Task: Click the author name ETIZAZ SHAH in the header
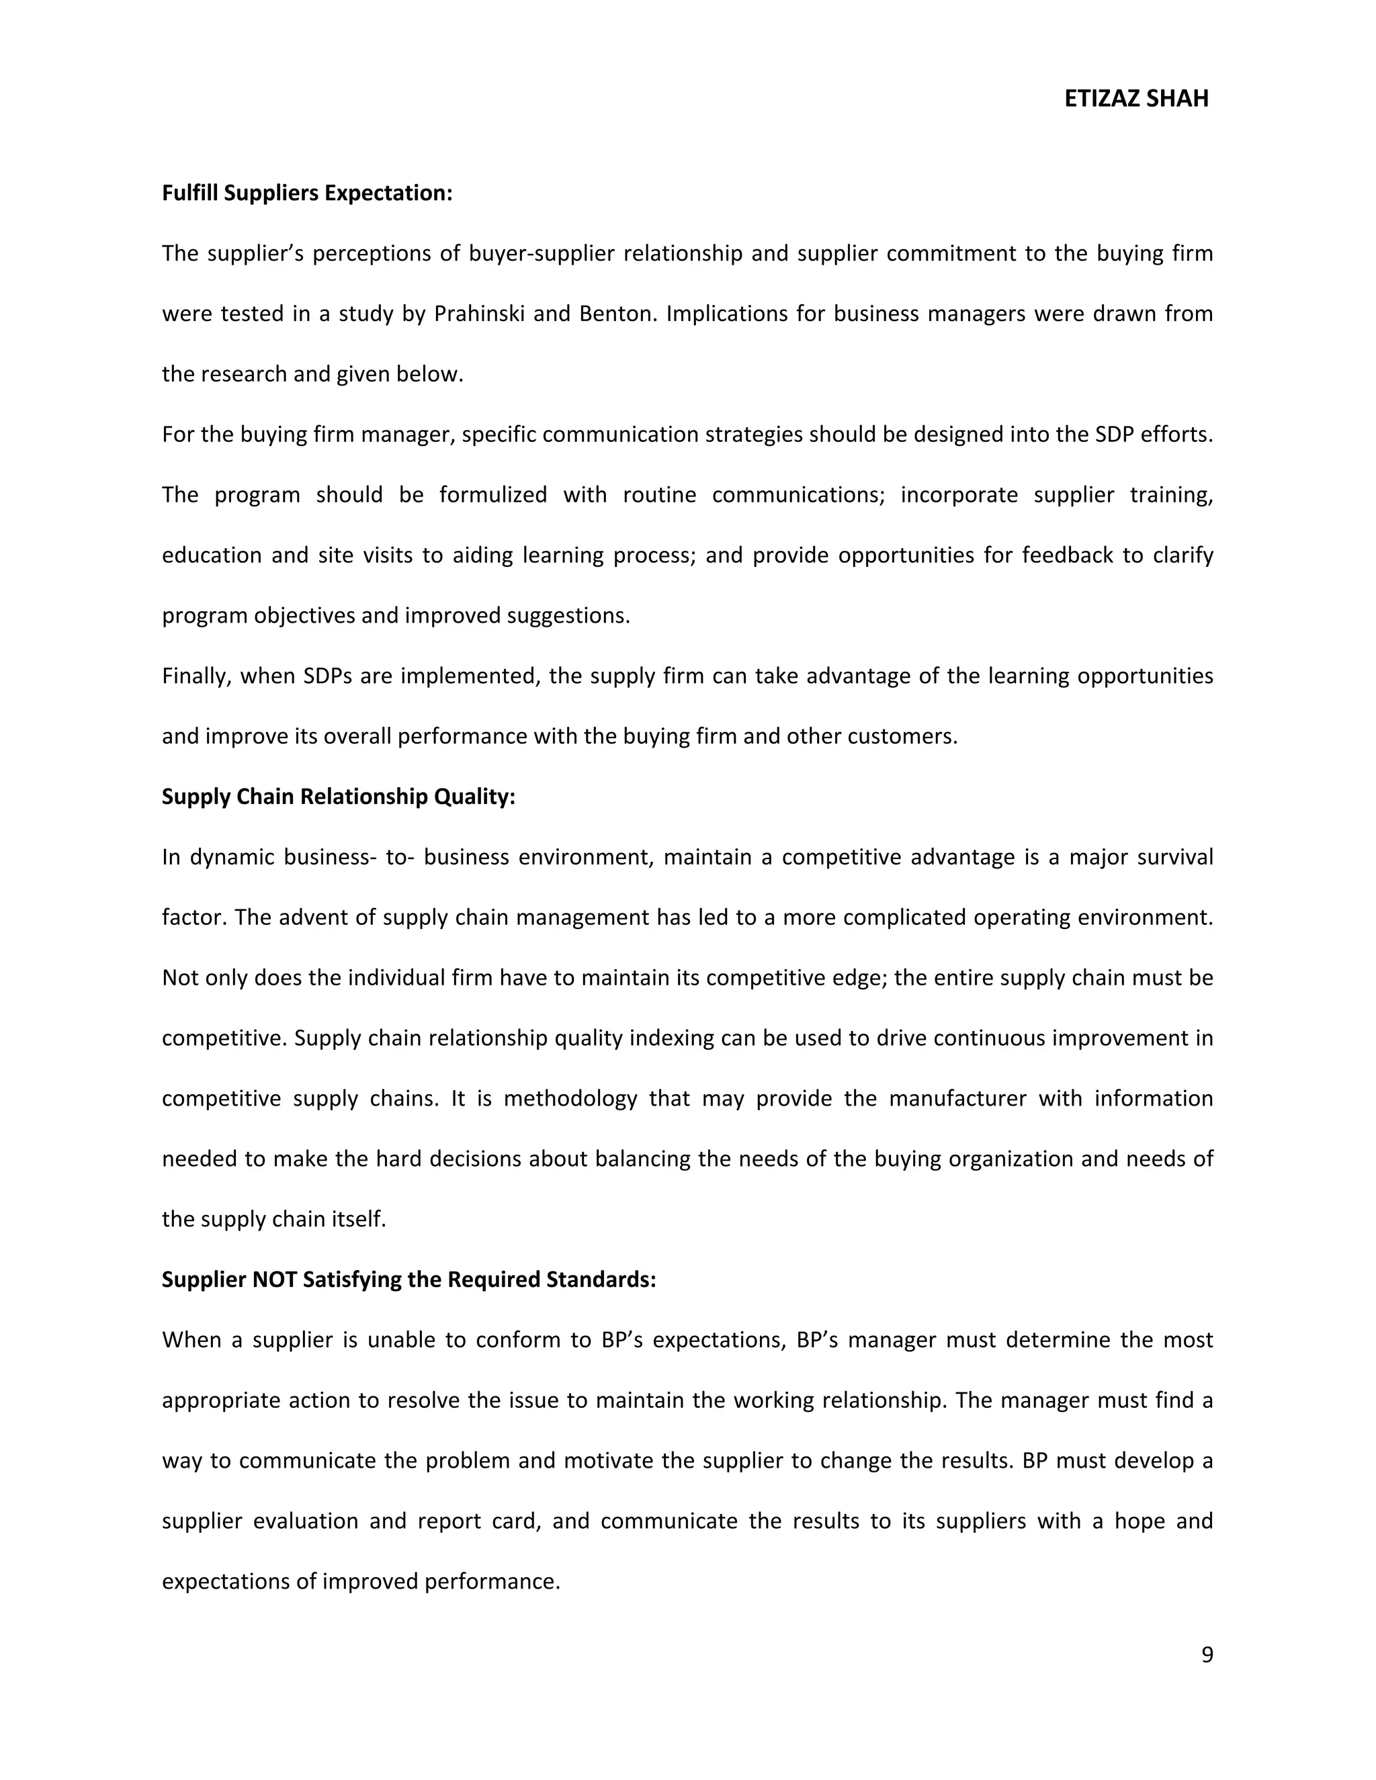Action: pos(1135,99)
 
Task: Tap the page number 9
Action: pos(1207,1654)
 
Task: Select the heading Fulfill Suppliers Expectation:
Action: pos(306,193)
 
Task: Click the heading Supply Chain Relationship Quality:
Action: pos(339,796)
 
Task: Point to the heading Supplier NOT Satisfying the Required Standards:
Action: pos(408,1279)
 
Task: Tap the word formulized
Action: pos(492,495)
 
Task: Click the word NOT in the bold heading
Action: pos(275,1279)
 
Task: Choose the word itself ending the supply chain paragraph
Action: pos(356,1218)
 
